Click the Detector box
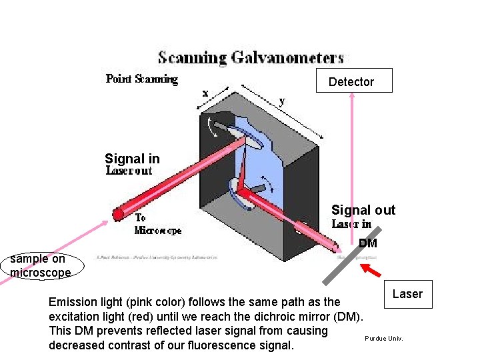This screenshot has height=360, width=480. click(x=353, y=81)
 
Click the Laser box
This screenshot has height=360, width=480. click(x=407, y=294)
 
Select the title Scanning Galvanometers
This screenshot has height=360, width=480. click(x=251, y=57)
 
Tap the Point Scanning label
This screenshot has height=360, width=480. click(x=142, y=79)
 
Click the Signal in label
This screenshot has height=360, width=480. click(x=132, y=159)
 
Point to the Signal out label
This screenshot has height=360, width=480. click(x=363, y=210)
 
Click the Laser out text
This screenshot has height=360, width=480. click(x=129, y=171)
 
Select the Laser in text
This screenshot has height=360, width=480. click(x=351, y=224)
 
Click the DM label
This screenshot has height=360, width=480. click(x=367, y=243)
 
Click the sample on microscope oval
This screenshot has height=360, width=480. click(x=40, y=265)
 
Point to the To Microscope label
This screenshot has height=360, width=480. click(x=157, y=224)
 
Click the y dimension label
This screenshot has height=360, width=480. click(x=282, y=101)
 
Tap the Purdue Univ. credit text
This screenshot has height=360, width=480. click(x=384, y=339)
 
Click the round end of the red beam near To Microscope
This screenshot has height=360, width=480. click(x=118, y=214)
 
